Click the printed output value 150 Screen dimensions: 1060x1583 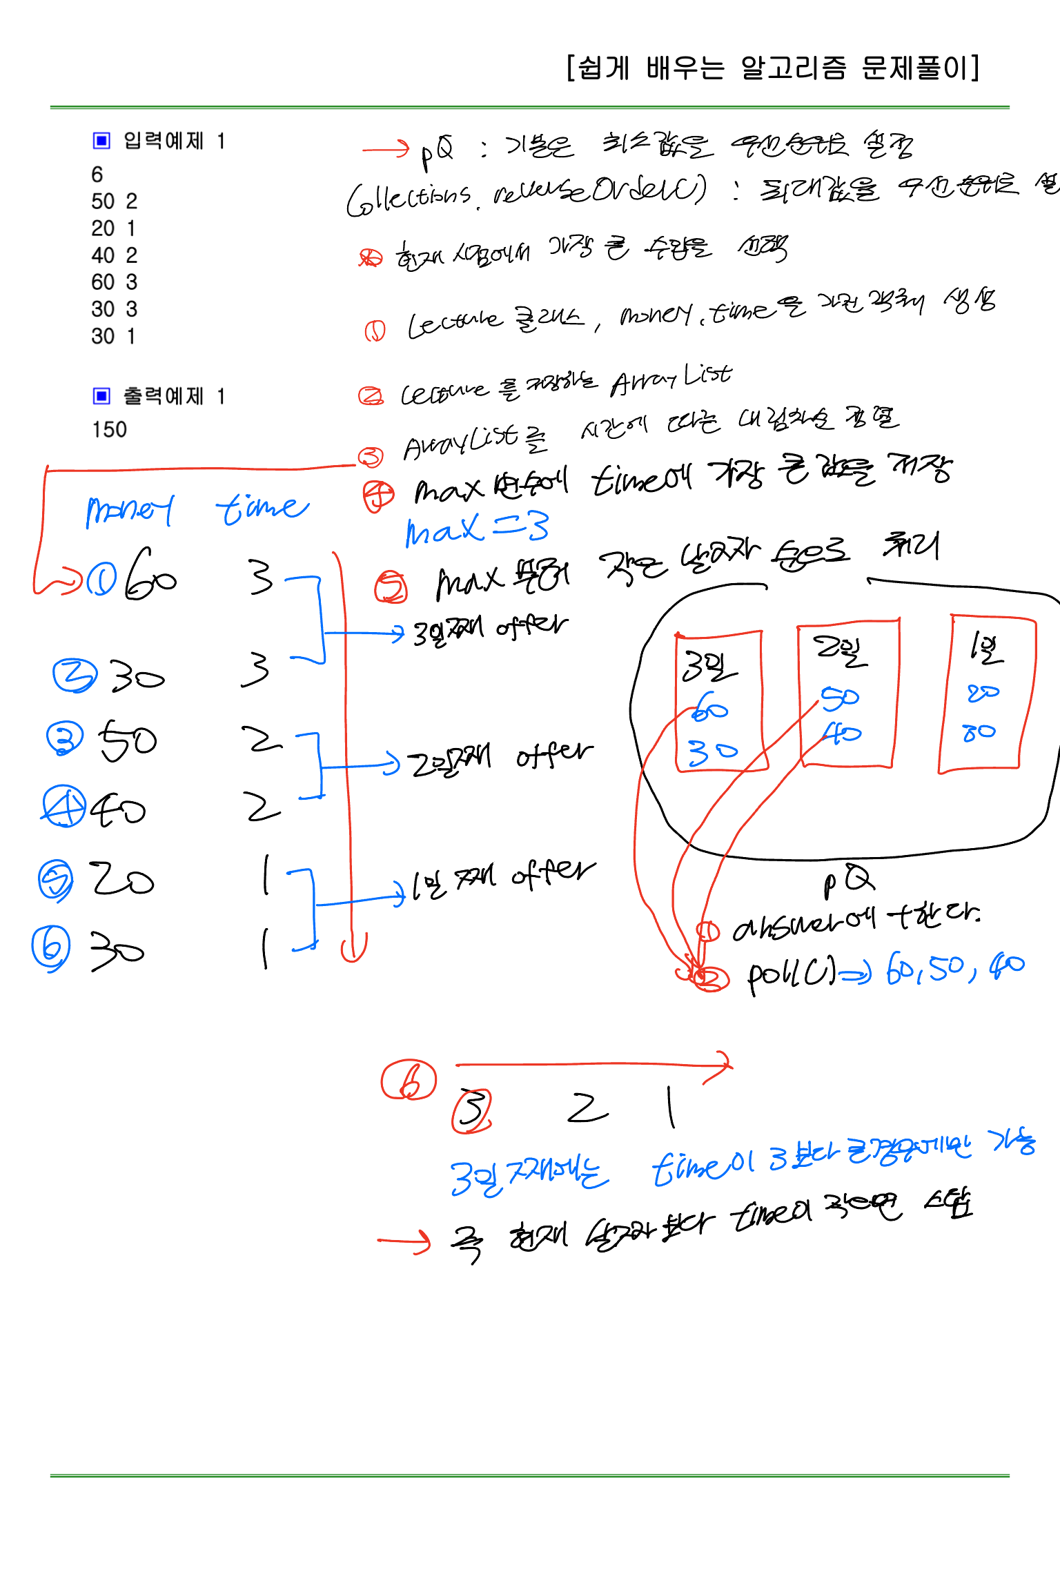pos(109,429)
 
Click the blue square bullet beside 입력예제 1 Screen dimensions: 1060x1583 pos(101,141)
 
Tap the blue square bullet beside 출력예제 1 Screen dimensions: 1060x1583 pos(101,396)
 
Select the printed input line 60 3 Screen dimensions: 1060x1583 pos(114,282)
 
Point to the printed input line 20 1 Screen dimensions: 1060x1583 pos(113,228)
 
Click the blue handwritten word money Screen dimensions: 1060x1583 pos(130,511)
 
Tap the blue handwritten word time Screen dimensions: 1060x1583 pos(262,509)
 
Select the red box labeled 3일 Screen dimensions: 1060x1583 pos(720,700)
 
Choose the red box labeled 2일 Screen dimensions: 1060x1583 pos(847,694)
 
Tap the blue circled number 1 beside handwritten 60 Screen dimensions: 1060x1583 pos(101,580)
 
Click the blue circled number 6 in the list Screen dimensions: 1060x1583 pos(51,947)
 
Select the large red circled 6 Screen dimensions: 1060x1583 pos(409,1081)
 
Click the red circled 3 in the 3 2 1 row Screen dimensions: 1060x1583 pos(471,1110)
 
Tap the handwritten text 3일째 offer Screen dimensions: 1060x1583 pos(489,629)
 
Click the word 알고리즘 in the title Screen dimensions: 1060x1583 pos(793,68)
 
